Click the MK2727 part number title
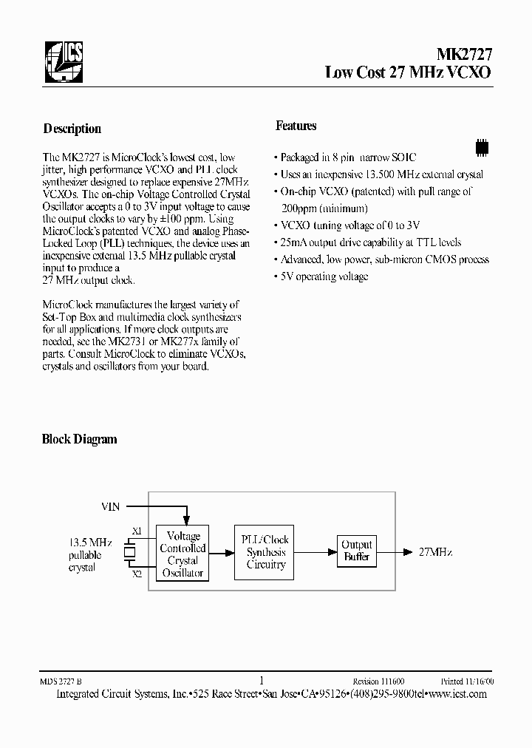pyautogui.click(x=460, y=55)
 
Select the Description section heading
pyautogui.click(x=72, y=129)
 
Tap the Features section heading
pyautogui.click(x=296, y=126)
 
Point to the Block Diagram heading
pyautogui.click(x=79, y=439)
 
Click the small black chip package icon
pyautogui.click(x=482, y=146)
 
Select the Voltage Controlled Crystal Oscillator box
pyautogui.click(x=183, y=554)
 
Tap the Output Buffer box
pyautogui.click(x=357, y=551)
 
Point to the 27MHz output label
pyautogui.click(x=435, y=552)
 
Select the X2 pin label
pyautogui.click(x=137, y=574)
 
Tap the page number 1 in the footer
pyautogui.click(x=262, y=681)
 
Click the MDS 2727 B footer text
pyautogui.click(x=63, y=681)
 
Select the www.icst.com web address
pyautogui.click(x=458, y=693)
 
